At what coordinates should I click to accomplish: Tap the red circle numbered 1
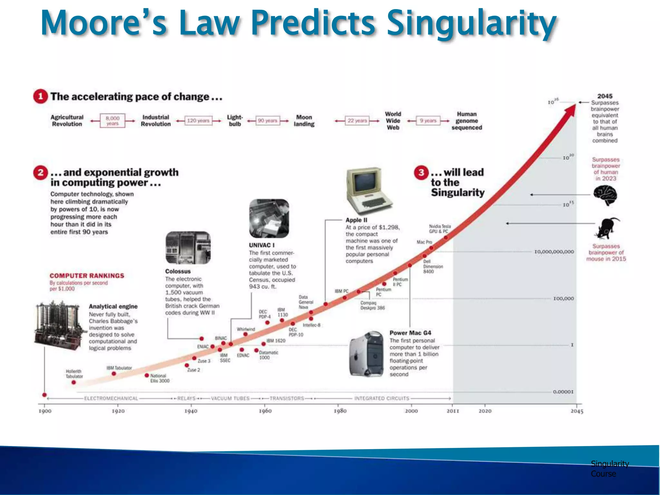point(40,96)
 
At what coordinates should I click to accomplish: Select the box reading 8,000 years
point(112,121)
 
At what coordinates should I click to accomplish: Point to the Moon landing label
point(304,121)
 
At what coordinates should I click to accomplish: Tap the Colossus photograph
point(188,247)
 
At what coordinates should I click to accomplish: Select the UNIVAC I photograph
point(269,218)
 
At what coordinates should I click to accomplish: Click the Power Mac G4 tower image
point(367,354)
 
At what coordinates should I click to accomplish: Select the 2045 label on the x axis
point(577,411)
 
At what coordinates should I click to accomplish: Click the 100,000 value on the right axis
point(563,299)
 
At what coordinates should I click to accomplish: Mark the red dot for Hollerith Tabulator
point(74,382)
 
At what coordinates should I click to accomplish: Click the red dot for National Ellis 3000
point(147,375)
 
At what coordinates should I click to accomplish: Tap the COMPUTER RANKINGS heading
point(87,276)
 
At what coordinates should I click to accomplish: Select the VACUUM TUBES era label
point(230,398)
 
